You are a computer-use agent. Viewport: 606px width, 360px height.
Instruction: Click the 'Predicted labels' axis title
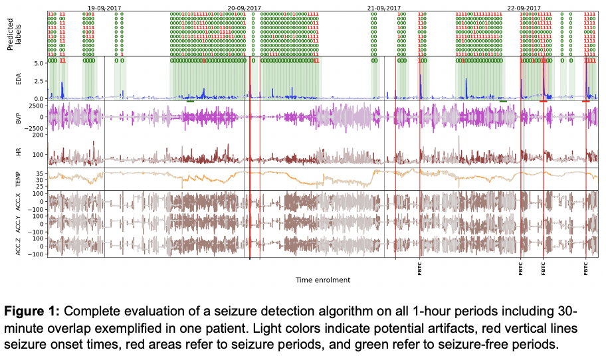[15, 32]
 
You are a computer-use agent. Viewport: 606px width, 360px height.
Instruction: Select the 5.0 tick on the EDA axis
[39, 63]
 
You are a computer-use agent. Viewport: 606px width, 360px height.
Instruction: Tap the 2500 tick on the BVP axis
[36, 106]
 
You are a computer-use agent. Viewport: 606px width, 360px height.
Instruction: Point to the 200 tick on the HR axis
[37, 135]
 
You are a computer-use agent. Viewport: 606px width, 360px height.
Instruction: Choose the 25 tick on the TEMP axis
[39, 186]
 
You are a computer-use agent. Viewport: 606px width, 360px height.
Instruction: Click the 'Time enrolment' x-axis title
[322, 280]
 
